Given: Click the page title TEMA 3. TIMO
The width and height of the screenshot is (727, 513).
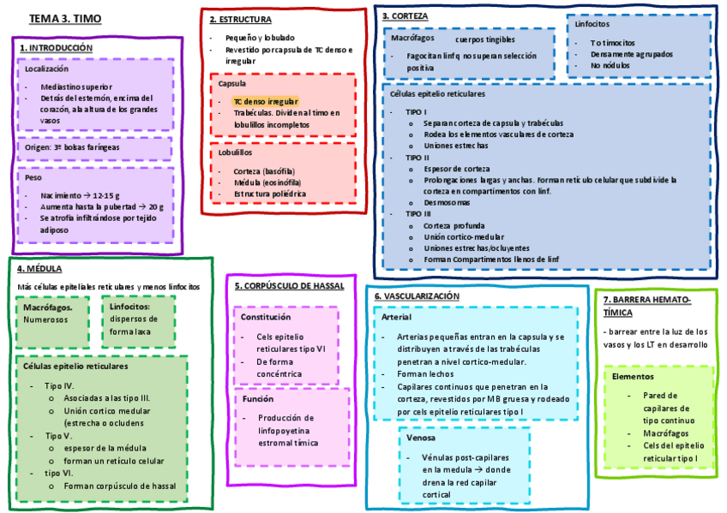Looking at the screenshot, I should click(x=64, y=19).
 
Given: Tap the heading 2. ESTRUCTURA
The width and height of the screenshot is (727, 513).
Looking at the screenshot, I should click(x=241, y=19).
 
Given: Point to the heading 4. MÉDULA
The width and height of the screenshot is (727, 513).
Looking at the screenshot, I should click(x=39, y=268).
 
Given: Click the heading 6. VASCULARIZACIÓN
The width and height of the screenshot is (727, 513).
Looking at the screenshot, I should click(x=417, y=295).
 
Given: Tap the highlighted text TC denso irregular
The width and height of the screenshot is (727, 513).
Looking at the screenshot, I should click(x=266, y=101).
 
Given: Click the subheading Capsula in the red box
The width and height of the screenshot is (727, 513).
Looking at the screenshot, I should click(x=232, y=84).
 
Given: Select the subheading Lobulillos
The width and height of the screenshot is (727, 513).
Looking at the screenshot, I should click(x=236, y=152).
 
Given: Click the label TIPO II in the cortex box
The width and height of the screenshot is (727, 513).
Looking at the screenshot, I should click(x=418, y=158).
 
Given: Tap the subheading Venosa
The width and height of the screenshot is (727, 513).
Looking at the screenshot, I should click(x=421, y=438).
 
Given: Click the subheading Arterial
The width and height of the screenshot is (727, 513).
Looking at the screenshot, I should click(x=396, y=318).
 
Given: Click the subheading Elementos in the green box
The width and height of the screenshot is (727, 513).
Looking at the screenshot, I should click(x=633, y=376).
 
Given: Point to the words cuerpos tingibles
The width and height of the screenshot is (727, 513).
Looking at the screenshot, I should click(x=485, y=39).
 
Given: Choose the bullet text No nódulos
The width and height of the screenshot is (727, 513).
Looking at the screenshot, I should click(x=611, y=65).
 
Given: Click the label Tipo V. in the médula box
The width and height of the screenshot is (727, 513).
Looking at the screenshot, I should click(x=59, y=435).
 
